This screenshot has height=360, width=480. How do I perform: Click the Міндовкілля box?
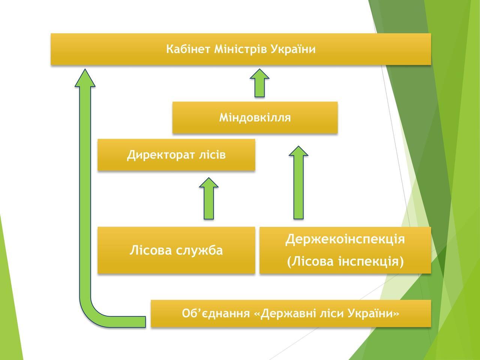pyautogui.click(x=255, y=118)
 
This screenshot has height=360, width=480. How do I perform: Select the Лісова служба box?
pyautogui.click(x=176, y=250)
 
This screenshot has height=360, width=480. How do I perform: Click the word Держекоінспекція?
pyautogui.click(x=345, y=239)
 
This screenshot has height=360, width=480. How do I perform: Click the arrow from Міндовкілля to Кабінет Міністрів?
pyautogui.click(x=259, y=83)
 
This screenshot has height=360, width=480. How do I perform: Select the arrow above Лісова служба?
pyautogui.click(x=209, y=199)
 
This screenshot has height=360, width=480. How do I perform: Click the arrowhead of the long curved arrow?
pyautogui.click(x=85, y=79)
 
